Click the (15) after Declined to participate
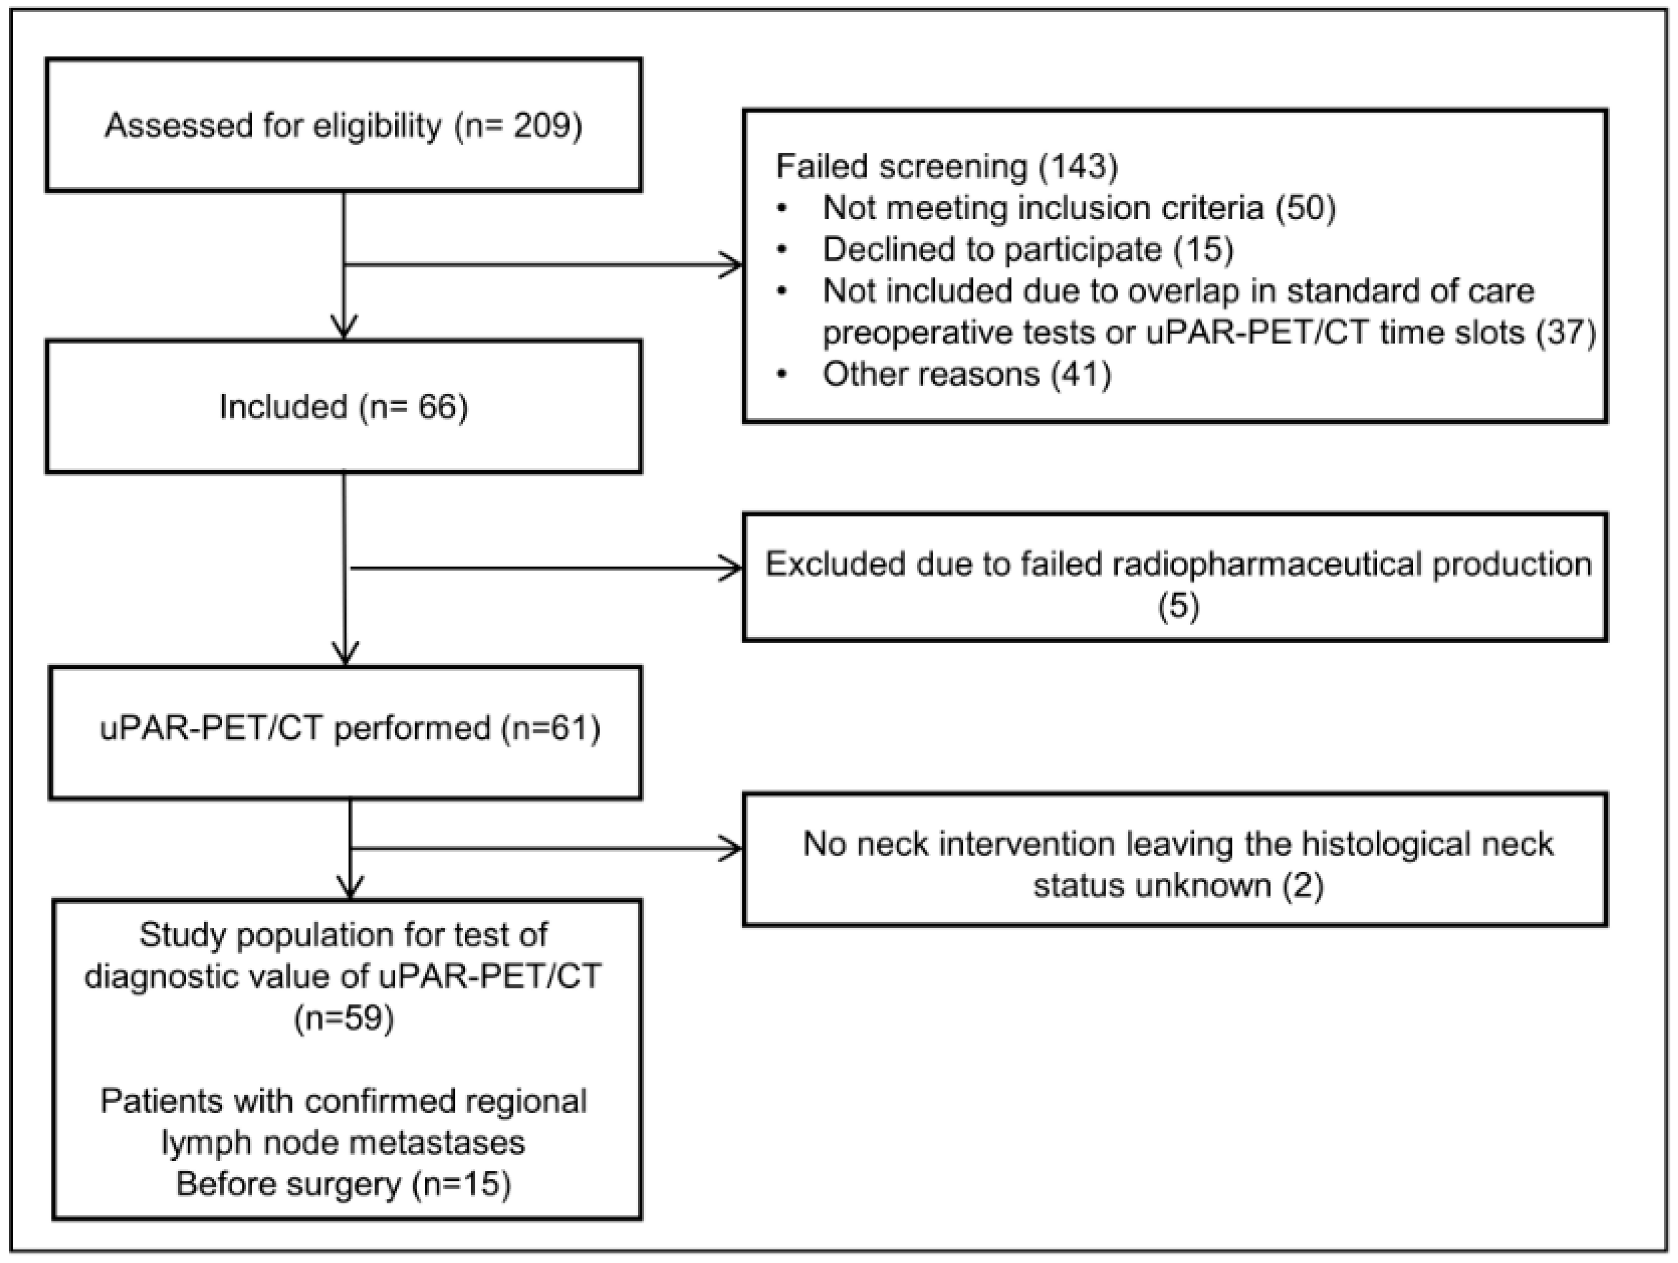pos(1203,250)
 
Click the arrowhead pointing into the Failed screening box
pos(732,265)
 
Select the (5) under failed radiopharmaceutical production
pos(1178,606)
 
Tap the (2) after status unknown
pos(1303,886)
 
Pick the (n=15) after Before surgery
pos(461,1184)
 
